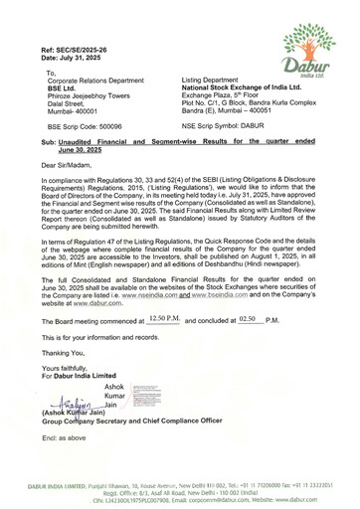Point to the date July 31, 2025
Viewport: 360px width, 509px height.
75,57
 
